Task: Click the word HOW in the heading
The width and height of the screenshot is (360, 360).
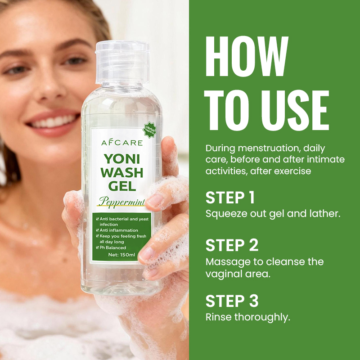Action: pos(247,59)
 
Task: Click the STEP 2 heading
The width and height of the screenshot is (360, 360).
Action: pos(232,245)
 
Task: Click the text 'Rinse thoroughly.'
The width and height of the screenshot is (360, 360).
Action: pos(248,317)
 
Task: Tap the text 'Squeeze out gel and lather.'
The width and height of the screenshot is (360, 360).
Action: pos(273,214)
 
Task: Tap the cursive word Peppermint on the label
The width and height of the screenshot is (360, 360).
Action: pos(122,202)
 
